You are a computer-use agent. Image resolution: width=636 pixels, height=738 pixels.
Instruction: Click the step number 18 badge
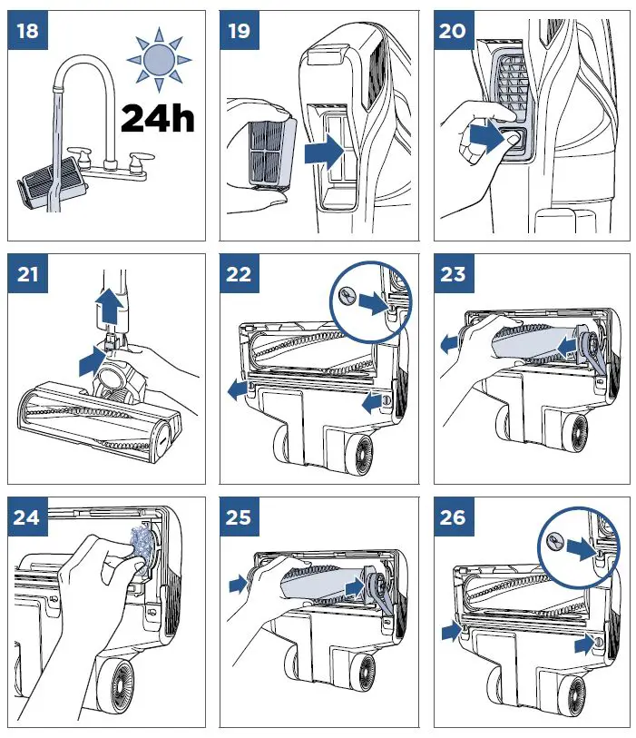coord(29,31)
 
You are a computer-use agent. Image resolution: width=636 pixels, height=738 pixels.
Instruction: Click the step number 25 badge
coord(241,517)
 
